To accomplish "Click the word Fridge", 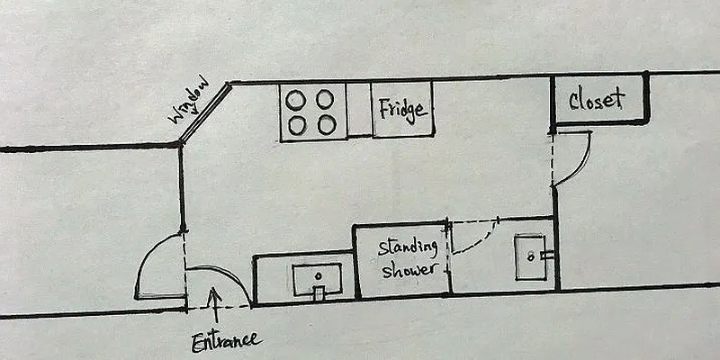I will [x=401, y=111].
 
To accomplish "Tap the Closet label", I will [x=597, y=99].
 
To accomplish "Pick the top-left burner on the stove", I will [x=293, y=98].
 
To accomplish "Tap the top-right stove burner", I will [x=325, y=98].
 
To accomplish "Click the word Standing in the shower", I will [x=408, y=247].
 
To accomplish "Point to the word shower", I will [x=410, y=270].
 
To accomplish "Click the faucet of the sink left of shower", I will [x=317, y=291].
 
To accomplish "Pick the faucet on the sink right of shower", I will [x=545, y=255].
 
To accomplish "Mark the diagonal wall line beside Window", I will [x=205, y=113].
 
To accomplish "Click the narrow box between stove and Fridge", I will [x=359, y=111].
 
